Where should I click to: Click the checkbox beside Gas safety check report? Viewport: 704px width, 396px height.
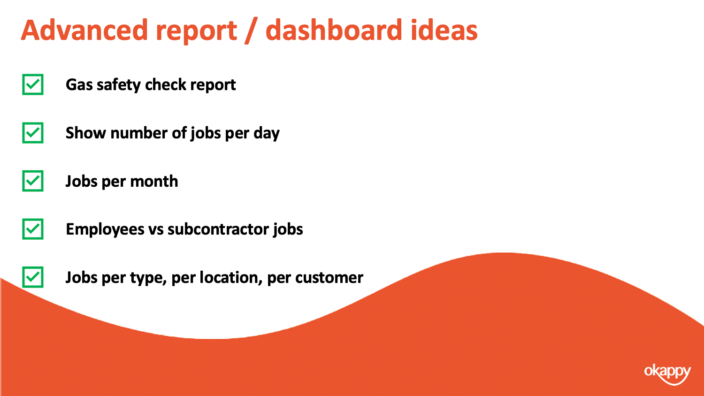pos(33,84)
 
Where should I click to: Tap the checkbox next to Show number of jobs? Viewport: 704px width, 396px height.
pos(33,133)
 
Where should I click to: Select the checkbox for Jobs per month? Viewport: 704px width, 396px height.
pos(33,181)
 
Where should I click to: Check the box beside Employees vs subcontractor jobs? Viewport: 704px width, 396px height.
pos(33,229)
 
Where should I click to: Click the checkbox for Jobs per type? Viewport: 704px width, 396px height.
pos(33,277)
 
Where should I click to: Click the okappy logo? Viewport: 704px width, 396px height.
pos(667,374)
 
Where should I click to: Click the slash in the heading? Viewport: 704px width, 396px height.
pos(251,31)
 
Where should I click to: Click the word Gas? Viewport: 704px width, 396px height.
pos(79,84)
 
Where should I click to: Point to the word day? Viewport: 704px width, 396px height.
pos(267,134)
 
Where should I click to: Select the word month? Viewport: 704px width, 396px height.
pos(154,181)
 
